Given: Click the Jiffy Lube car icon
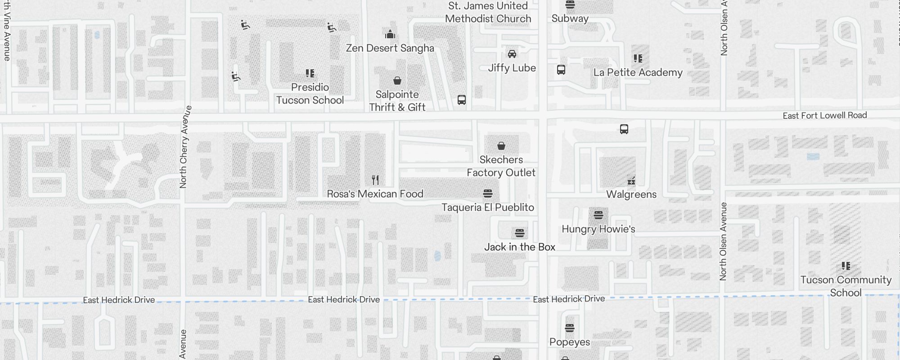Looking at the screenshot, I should coord(512,54).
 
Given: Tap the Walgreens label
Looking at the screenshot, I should coord(631,194).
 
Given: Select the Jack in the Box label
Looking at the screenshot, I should coord(519,247).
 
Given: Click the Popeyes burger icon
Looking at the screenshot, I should coord(569,328).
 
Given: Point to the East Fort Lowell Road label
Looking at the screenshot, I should coord(824,116).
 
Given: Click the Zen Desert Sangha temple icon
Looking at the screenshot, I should coord(390,34).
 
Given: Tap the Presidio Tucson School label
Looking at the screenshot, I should coord(310,94).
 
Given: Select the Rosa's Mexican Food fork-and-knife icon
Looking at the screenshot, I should coord(375,180).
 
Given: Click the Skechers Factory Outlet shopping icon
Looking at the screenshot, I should coord(501,146).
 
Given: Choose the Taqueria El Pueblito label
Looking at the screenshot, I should coord(487,207).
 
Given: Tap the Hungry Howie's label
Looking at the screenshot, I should coord(598,229).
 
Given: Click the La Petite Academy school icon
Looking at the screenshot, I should coord(638,58).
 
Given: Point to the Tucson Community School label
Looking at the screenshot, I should coord(845,286).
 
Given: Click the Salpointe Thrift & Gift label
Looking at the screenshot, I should coord(397,101).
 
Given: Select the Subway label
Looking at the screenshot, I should coord(570,18).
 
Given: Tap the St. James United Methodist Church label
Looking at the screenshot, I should coord(488,13).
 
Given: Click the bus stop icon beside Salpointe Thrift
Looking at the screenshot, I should coord(461,100).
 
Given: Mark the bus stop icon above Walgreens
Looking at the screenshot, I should coord(624,129).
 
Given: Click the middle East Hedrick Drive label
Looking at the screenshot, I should coord(343,300).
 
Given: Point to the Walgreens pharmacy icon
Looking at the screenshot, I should coord(631,181).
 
